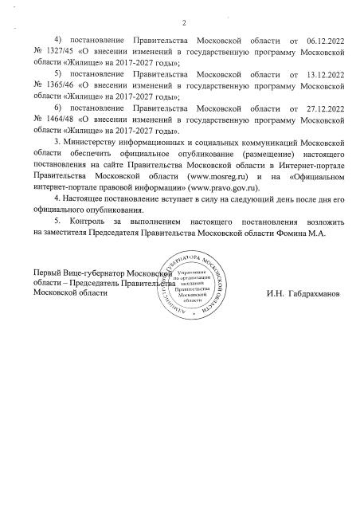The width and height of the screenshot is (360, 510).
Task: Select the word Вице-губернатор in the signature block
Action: pos(94,273)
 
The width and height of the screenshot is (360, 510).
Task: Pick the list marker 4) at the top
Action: pos(57,39)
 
